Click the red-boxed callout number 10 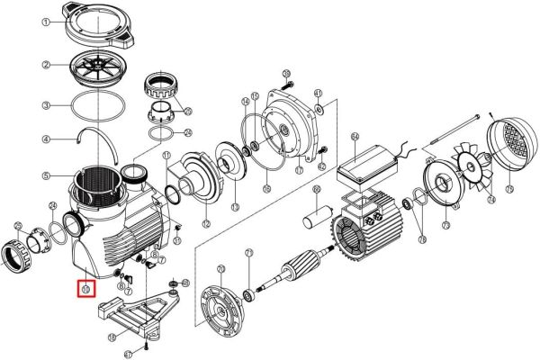(x=86, y=289)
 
